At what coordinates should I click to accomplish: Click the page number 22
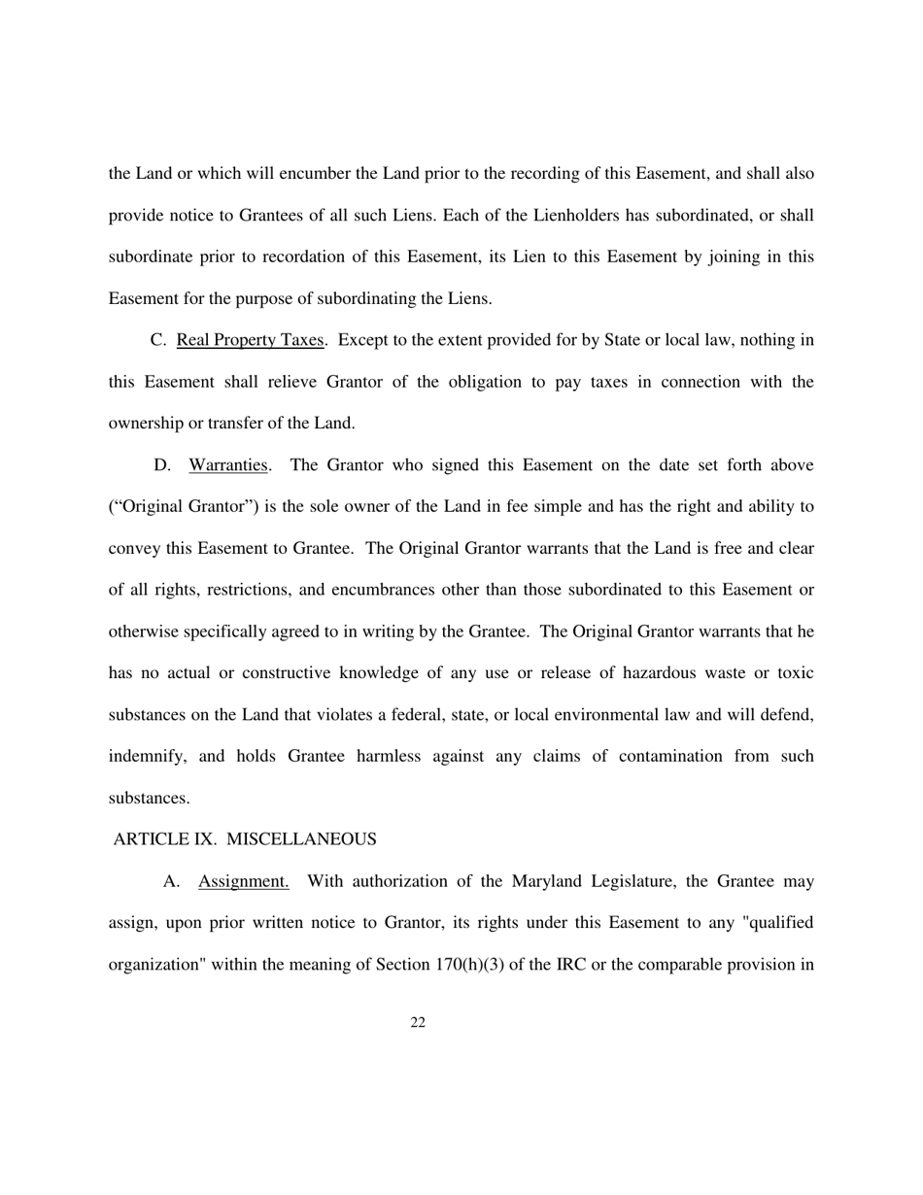pos(419,1022)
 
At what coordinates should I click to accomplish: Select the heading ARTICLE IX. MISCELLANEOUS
pos(245,838)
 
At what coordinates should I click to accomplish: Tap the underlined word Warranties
pos(228,464)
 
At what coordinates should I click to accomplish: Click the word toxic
pos(792,672)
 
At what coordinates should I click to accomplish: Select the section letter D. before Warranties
pos(162,464)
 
